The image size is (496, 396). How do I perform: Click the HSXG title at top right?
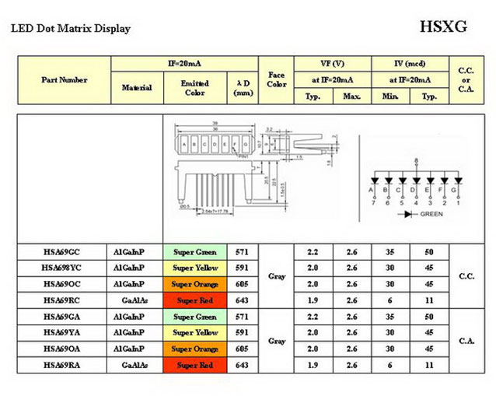point(443,26)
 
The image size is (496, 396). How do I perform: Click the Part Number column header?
point(64,79)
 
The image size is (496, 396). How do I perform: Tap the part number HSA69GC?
point(62,252)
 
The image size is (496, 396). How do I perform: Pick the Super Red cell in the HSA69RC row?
point(195,300)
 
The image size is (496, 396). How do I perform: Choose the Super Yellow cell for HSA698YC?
point(195,268)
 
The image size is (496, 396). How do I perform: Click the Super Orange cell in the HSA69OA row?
point(195,349)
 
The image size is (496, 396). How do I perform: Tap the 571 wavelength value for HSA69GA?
point(242,317)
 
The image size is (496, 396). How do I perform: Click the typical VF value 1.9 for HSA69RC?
point(314,300)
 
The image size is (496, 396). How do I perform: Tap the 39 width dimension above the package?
point(205,124)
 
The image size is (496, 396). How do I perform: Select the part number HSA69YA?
point(62,332)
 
